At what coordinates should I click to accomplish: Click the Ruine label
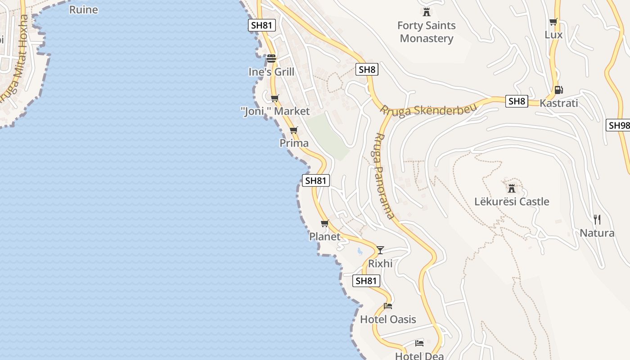click(x=83, y=9)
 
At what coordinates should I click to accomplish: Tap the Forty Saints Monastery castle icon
click(x=427, y=12)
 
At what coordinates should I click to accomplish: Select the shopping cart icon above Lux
click(x=553, y=22)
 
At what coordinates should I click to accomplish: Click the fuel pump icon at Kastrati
click(x=558, y=90)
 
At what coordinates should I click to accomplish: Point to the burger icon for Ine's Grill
click(x=271, y=58)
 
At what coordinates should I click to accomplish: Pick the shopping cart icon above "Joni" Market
click(x=274, y=98)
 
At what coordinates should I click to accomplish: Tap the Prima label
click(x=294, y=143)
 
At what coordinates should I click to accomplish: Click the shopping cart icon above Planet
click(x=325, y=223)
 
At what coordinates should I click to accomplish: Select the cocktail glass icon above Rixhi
click(x=380, y=250)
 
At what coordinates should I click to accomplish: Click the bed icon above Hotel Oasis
click(x=388, y=306)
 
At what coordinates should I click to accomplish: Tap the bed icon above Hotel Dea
click(x=419, y=343)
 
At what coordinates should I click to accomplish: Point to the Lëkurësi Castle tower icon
click(x=511, y=188)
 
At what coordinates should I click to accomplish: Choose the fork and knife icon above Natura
click(x=597, y=220)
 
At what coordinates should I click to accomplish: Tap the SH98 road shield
click(x=619, y=125)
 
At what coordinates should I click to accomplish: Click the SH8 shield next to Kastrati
click(x=516, y=101)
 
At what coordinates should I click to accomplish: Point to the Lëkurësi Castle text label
click(x=512, y=201)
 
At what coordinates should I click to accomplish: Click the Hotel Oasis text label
click(x=388, y=319)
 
